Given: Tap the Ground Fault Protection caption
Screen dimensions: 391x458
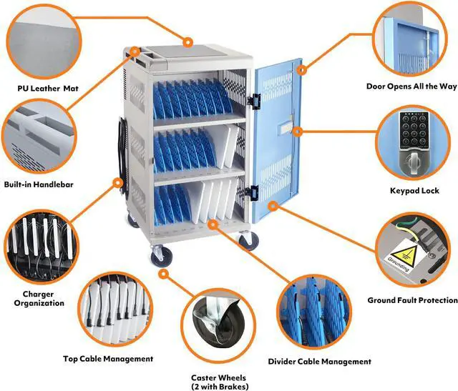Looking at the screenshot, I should [412, 300].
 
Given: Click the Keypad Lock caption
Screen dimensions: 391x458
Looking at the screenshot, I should [413, 191].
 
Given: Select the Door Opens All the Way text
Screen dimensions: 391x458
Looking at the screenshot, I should [411, 86].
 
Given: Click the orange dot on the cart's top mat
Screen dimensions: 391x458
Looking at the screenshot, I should [189, 41].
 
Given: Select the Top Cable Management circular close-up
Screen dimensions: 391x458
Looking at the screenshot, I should [114, 312].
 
